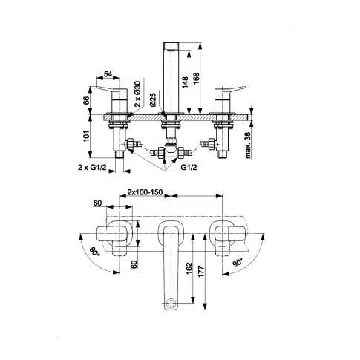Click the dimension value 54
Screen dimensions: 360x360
coord(108,74)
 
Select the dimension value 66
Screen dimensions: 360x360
coord(86,101)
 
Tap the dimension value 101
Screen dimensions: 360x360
coord(86,137)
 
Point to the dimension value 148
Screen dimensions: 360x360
coord(185,82)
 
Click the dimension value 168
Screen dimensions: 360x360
coord(196,79)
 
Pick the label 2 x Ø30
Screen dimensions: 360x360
coord(137,94)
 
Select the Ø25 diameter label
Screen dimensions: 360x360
coord(153,99)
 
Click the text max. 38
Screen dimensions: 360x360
coord(248,145)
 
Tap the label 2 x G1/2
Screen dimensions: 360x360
coord(92,168)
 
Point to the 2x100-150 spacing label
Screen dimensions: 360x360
coord(145,192)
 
